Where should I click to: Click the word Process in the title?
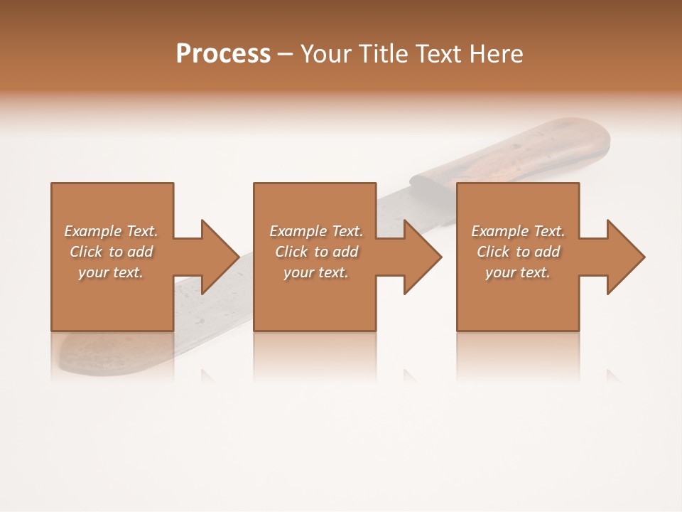223,53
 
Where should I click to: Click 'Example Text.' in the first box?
111,231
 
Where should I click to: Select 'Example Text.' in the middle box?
315,231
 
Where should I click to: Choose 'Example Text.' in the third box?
518,231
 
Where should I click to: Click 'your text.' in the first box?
111,272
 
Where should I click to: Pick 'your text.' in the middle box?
315,272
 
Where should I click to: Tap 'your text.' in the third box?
518,272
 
